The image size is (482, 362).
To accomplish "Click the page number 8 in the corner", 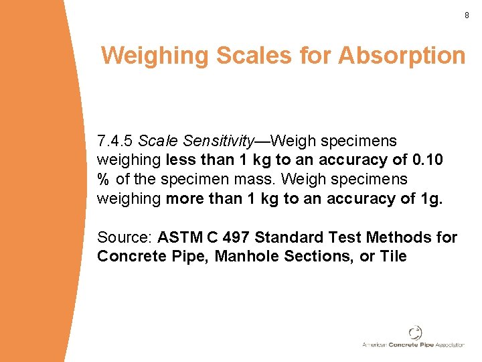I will click(x=467, y=15).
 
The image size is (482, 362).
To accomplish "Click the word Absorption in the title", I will click(x=402, y=56).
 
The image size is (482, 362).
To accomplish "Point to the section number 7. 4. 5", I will click(x=115, y=141).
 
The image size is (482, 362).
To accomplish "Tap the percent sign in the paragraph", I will click(x=103, y=180).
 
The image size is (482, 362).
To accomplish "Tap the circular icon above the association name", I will click(x=416, y=333).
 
